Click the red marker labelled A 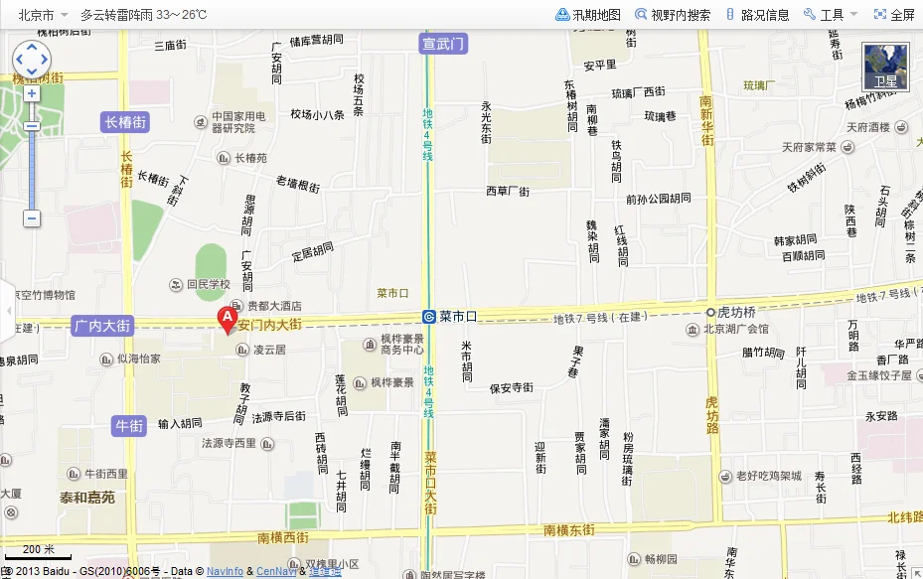coord(227,319)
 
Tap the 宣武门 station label coord(443,44)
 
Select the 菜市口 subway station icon coord(428,317)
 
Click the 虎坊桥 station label coord(737,311)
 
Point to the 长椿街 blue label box coord(126,122)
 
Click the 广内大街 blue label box coord(102,325)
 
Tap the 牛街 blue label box coord(130,425)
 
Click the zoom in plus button coord(32,93)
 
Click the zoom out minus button coord(32,217)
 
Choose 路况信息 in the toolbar coord(758,15)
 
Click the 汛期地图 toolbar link coord(588,15)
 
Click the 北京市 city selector coord(37,15)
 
